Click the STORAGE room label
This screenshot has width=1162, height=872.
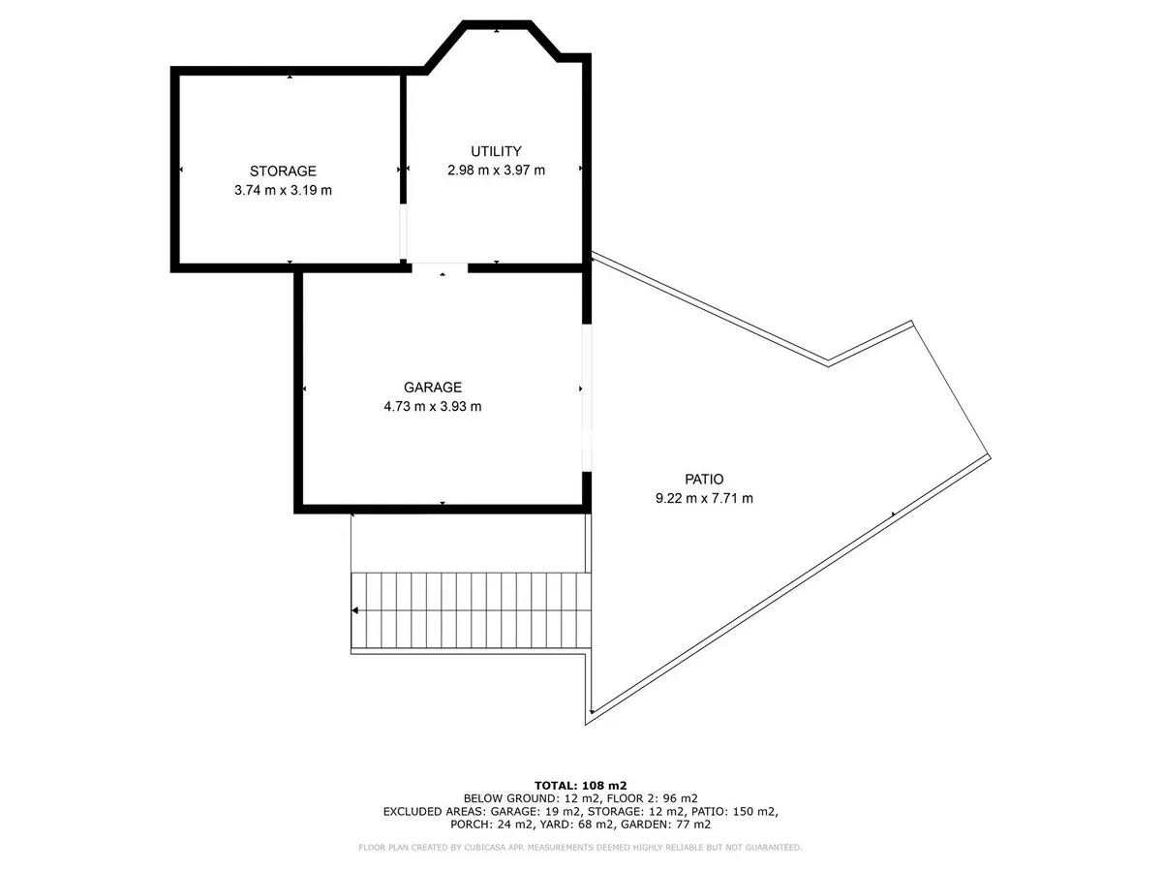[x=283, y=171]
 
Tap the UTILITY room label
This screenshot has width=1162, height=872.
[x=496, y=151]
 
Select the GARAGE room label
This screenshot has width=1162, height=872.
[x=433, y=387]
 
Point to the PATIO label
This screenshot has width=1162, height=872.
[x=704, y=480]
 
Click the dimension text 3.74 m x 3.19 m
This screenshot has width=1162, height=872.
[x=283, y=190]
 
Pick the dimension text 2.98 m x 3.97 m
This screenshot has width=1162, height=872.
[x=496, y=171]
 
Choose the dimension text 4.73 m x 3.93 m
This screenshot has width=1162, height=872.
[x=433, y=407]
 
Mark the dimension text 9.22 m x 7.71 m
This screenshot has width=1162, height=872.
[x=704, y=498]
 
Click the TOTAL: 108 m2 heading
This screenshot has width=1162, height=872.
[x=580, y=786]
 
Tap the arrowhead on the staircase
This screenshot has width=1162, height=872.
[x=355, y=610]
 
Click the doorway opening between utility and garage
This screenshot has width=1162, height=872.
[x=440, y=268]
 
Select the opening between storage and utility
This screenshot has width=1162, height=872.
[x=403, y=232]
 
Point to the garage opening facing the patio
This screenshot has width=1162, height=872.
[x=587, y=397]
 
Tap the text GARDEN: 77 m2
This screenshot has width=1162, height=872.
[x=665, y=825]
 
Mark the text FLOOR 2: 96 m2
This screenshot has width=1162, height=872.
[x=653, y=798]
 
